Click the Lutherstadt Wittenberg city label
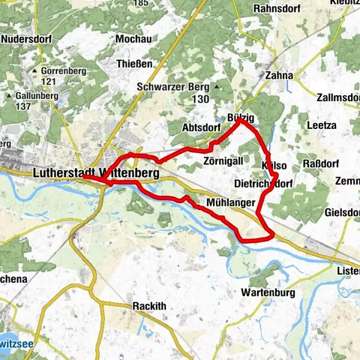coord(96,173)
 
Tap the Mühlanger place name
coord(229,202)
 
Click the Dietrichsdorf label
coord(263,183)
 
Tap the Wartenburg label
coord(269,292)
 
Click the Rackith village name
coord(148,306)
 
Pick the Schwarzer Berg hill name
coord(172,87)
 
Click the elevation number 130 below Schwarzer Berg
coord(199,100)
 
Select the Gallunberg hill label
coord(38,97)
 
